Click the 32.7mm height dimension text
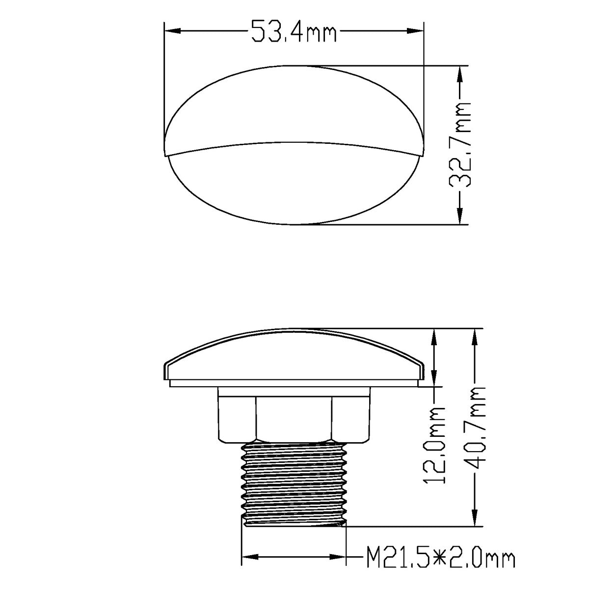point(460,145)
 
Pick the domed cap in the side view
point(294,356)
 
